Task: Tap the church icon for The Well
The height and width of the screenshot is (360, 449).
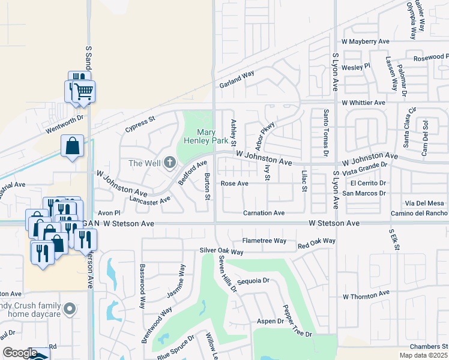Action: (170, 162)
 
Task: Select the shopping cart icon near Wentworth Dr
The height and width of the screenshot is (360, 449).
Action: (83, 92)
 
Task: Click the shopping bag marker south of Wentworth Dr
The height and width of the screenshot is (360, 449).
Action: (72, 146)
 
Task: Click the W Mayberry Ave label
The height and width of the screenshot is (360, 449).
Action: (365, 41)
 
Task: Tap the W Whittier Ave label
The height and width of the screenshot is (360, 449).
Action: (363, 103)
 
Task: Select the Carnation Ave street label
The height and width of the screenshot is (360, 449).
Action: (264, 213)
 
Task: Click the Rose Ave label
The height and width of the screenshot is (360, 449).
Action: (234, 184)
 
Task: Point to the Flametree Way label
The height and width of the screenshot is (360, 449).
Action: (264, 241)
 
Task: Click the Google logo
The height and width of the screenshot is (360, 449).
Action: (20, 353)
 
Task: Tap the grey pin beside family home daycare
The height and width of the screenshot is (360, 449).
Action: (70, 310)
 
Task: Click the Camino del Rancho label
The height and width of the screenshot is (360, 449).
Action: (420, 213)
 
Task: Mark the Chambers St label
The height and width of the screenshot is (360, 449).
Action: (429, 346)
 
